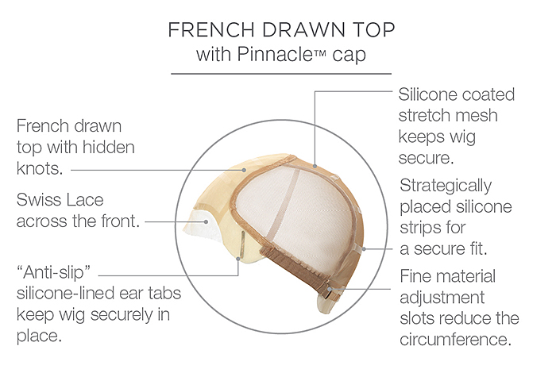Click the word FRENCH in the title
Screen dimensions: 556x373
[x=211, y=29]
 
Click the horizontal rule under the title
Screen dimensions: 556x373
[x=281, y=74]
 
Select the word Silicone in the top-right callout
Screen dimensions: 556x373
[x=427, y=94]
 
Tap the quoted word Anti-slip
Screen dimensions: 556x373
[x=53, y=272]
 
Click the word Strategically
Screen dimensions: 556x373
[x=446, y=186]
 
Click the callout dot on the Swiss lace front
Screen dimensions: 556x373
[x=206, y=222]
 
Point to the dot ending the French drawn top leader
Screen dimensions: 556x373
[x=244, y=170]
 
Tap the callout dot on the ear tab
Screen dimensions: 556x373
[x=238, y=259]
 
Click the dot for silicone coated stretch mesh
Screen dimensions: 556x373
[x=315, y=166]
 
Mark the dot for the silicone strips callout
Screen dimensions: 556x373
[x=364, y=249]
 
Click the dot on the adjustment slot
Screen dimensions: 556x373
[x=330, y=289]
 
